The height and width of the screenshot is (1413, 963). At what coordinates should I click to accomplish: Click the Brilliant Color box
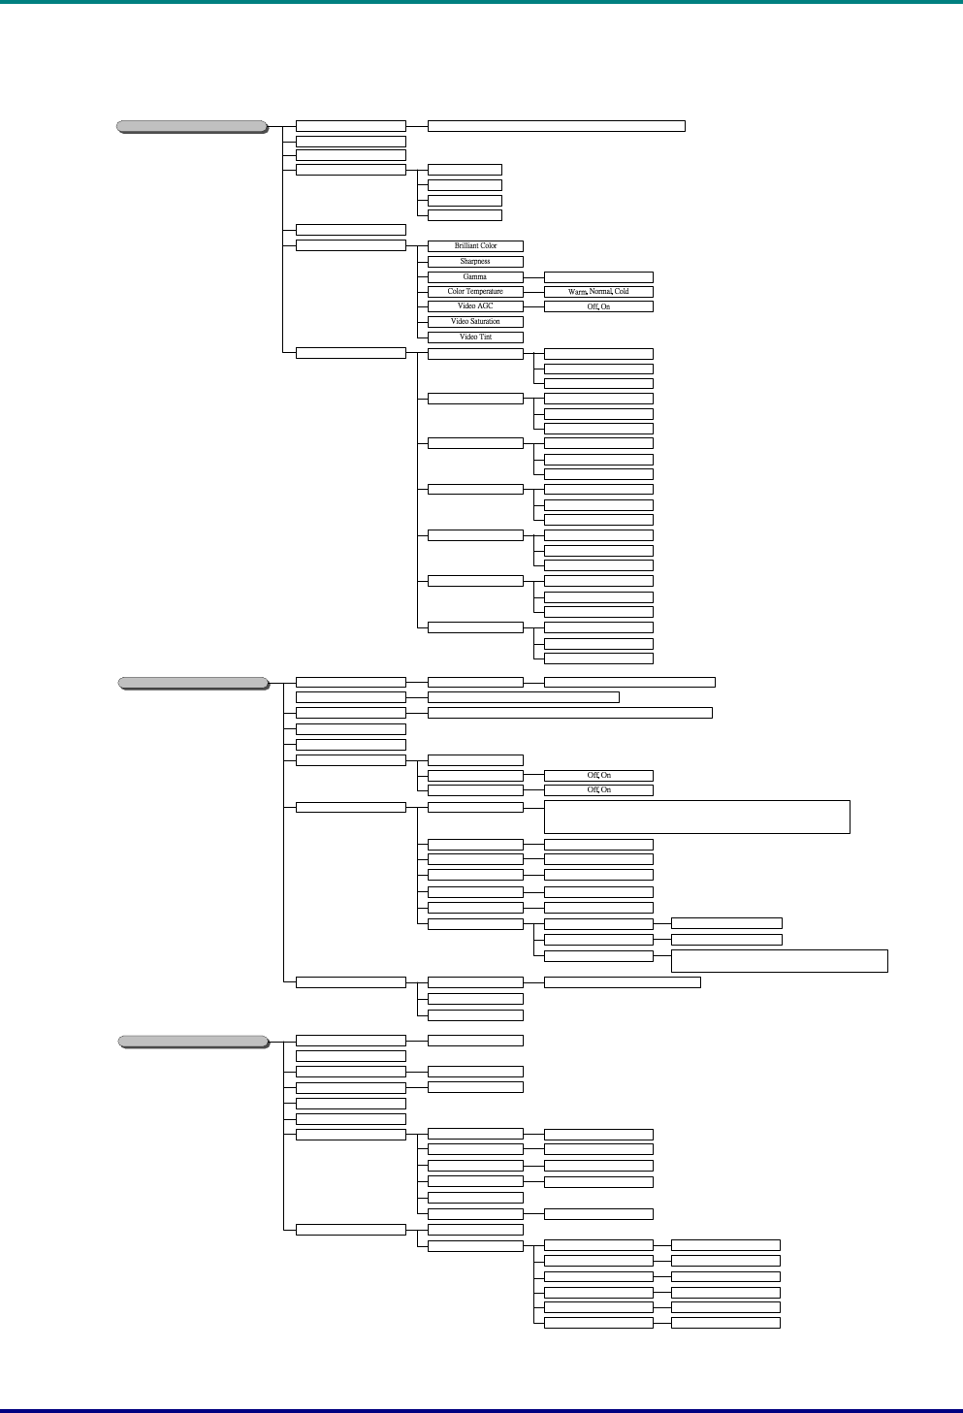(x=475, y=246)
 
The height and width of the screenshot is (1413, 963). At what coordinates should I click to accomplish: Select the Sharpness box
(x=475, y=262)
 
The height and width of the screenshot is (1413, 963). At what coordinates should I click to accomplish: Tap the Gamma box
(x=475, y=276)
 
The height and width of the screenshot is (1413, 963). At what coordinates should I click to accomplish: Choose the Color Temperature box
(x=475, y=291)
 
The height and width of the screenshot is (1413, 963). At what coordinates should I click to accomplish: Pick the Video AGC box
(x=475, y=306)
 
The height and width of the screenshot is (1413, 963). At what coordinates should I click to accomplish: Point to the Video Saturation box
(x=475, y=321)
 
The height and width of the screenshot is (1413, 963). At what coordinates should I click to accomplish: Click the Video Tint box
(x=475, y=337)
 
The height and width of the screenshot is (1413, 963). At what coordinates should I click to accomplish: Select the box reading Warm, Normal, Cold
(x=598, y=291)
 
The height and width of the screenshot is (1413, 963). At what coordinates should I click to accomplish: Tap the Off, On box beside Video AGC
(x=598, y=306)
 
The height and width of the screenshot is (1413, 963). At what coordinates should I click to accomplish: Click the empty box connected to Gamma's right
(x=598, y=276)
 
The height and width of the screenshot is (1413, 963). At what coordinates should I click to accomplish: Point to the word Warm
(x=577, y=291)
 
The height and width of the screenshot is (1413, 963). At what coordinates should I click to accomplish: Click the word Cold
(x=622, y=291)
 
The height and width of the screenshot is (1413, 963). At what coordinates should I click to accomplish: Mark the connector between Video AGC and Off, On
(x=533, y=306)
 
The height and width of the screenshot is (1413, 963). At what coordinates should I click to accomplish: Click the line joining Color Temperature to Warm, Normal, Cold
(x=533, y=291)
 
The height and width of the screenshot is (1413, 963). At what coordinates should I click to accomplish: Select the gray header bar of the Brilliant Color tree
(x=192, y=126)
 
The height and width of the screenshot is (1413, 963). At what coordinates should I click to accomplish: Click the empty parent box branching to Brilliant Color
(x=350, y=245)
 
